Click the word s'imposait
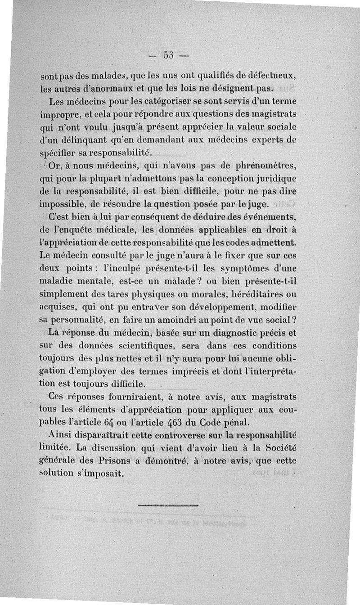101,474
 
